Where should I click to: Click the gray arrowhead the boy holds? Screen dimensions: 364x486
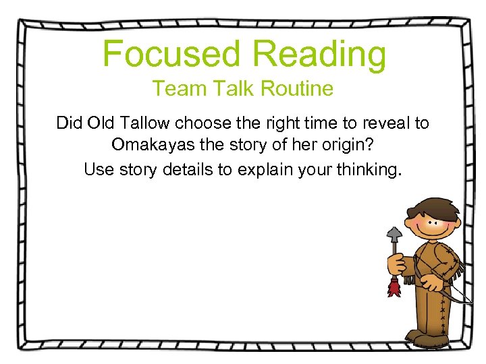coord(394,234)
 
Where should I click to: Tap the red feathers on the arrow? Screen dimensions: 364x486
coord(394,289)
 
